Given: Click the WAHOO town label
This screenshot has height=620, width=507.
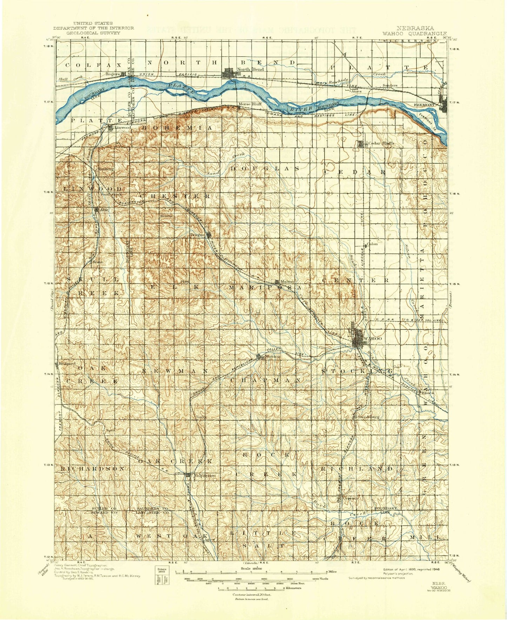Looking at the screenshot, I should [x=373, y=338].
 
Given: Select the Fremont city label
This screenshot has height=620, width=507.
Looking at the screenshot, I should [x=425, y=105].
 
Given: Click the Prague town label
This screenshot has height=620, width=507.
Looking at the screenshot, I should [x=197, y=235].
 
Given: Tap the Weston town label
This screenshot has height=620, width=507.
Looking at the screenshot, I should [x=273, y=357].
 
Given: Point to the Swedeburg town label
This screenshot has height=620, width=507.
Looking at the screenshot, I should [x=368, y=417].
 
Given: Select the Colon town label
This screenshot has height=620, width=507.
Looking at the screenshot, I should [x=372, y=244].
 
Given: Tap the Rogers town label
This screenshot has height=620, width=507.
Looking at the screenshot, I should [x=113, y=74].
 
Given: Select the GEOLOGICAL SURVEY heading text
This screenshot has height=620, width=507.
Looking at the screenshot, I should [x=93, y=33].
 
